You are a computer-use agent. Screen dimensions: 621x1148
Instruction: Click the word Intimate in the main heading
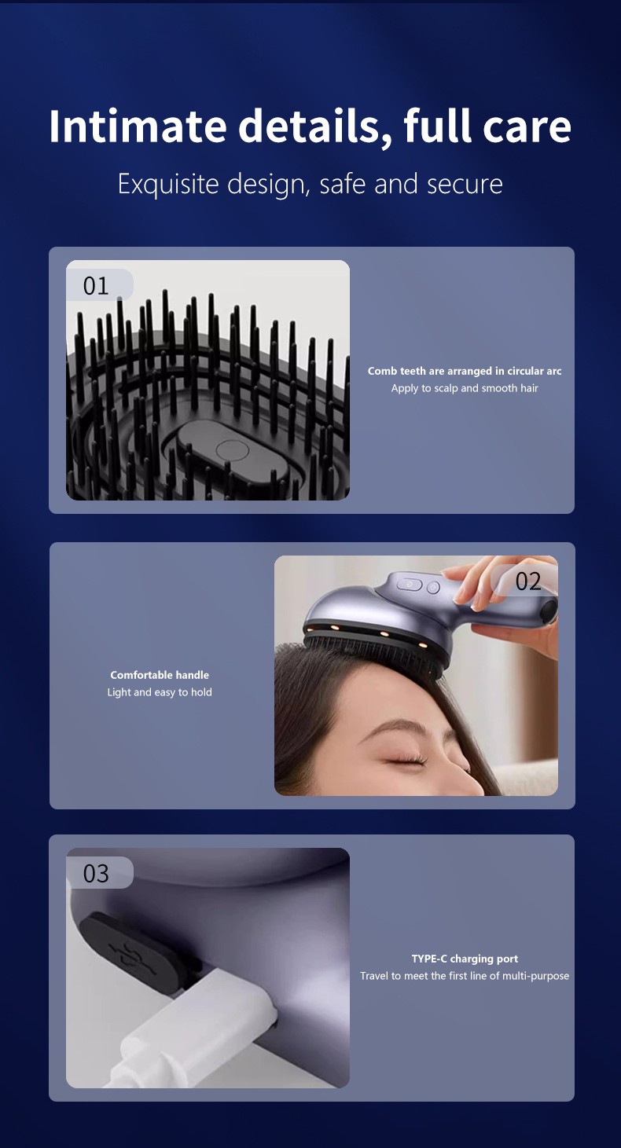[138, 126]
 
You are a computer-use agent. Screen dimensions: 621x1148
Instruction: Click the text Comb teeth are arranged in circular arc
[465, 371]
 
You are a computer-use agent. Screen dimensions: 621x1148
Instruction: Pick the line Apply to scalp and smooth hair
[465, 388]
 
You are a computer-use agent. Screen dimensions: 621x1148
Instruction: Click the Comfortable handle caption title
[160, 675]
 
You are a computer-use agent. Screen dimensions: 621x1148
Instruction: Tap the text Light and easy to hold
[160, 692]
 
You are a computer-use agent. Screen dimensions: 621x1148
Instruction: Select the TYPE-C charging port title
[465, 959]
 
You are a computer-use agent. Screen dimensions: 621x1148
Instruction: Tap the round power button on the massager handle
[433, 587]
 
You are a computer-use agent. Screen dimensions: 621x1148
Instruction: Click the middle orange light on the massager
[384, 634]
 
